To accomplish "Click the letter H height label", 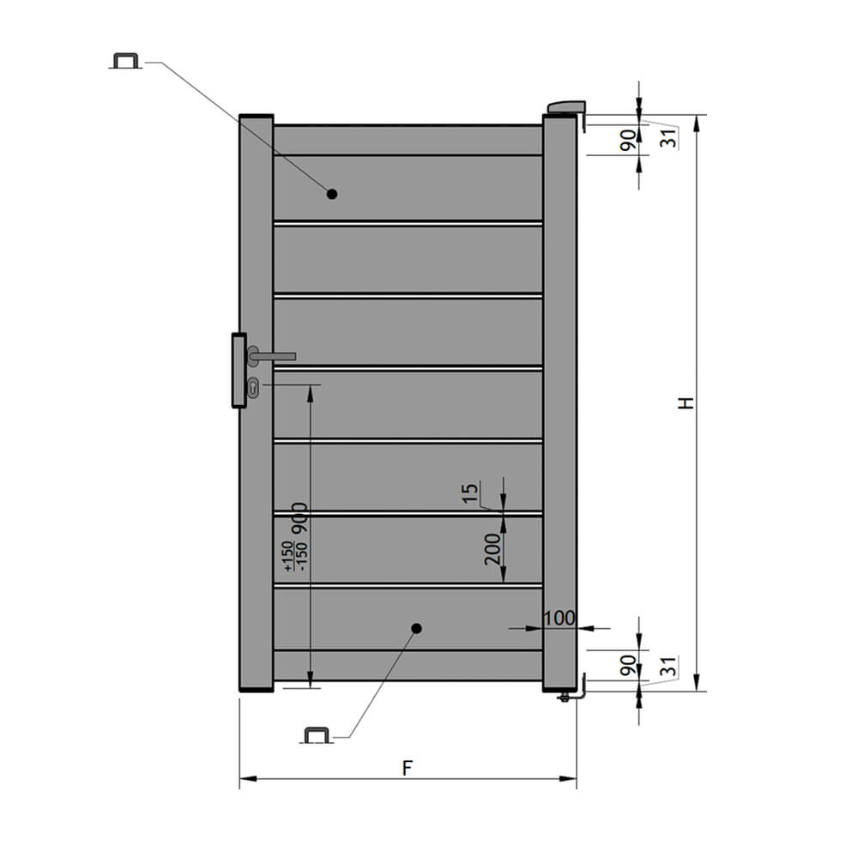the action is [x=686, y=402].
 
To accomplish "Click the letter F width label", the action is [x=407, y=768].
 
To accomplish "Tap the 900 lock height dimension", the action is [x=299, y=517].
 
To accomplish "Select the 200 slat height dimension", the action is [x=492, y=549].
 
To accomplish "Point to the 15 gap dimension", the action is [x=470, y=493].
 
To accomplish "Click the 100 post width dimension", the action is [x=559, y=618].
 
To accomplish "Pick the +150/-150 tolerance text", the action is [x=295, y=557].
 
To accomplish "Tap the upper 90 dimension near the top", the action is [x=629, y=140].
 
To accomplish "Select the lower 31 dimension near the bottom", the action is [x=668, y=667].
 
